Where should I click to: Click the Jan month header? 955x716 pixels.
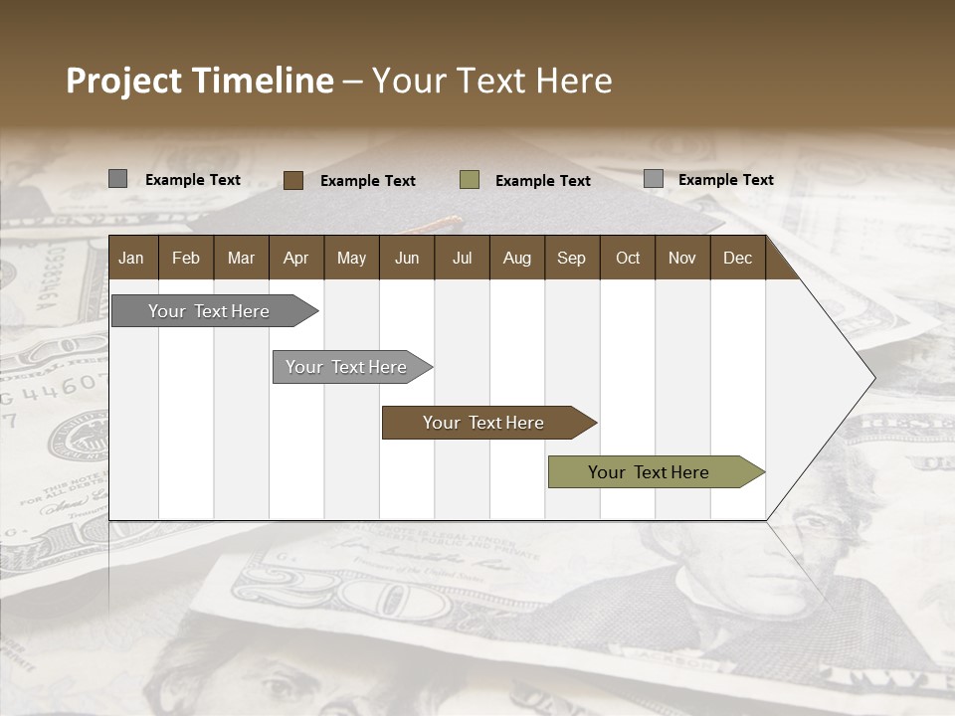click(131, 258)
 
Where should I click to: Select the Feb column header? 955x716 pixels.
click(186, 258)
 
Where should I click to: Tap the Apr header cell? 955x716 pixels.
click(295, 258)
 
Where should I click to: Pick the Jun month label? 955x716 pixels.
click(407, 258)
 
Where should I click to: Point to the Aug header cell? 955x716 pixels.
click(516, 258)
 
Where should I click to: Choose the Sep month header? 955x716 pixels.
click(571, 258)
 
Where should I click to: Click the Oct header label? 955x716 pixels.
click(628, 258)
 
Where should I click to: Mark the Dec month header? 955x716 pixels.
click(737, 258)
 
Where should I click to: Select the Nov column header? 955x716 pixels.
click(682, 258)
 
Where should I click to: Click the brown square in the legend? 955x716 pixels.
click(293, 180)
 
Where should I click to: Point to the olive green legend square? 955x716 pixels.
click(470, 180)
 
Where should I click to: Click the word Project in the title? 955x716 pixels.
click(124, 81)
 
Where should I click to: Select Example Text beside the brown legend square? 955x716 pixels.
click(368, 181)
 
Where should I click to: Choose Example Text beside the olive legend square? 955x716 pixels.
click(543, 181)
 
